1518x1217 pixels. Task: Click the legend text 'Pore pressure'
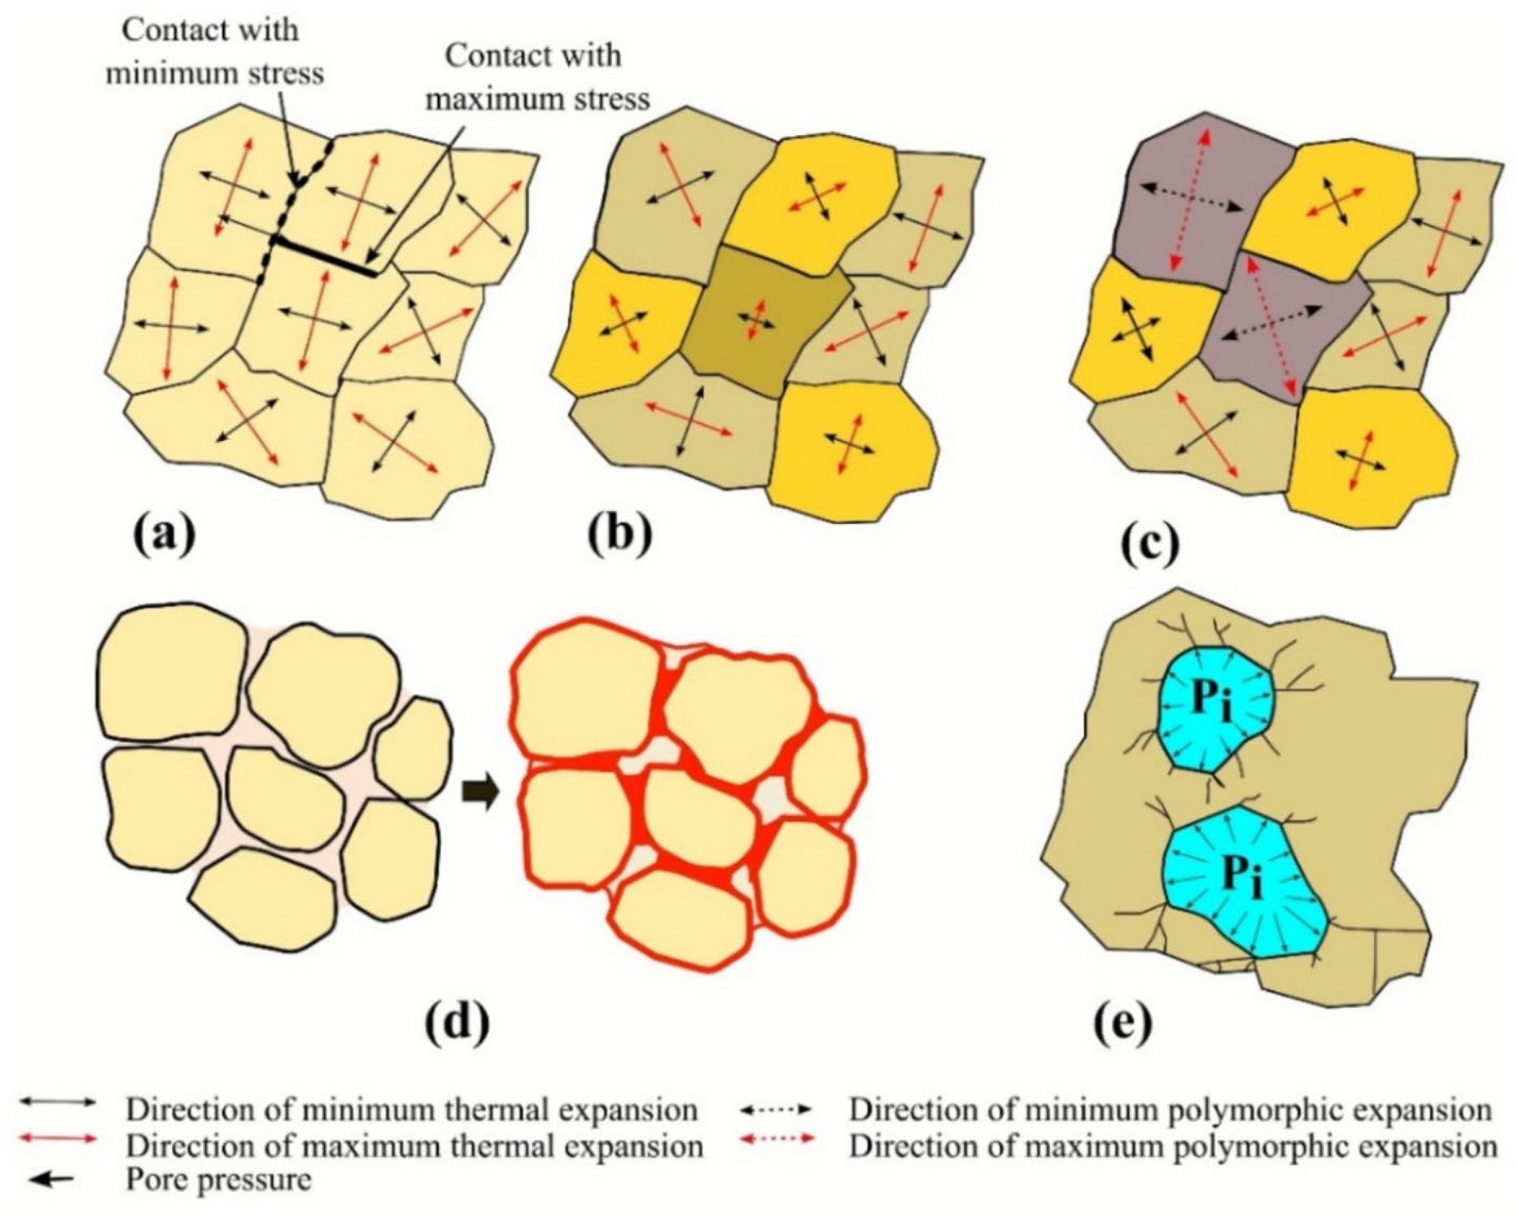(x=219, y=1180)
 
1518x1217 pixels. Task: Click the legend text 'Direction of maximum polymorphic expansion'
(x=1172, y=1146)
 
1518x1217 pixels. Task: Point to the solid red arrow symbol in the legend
(x=57, y=1141)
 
